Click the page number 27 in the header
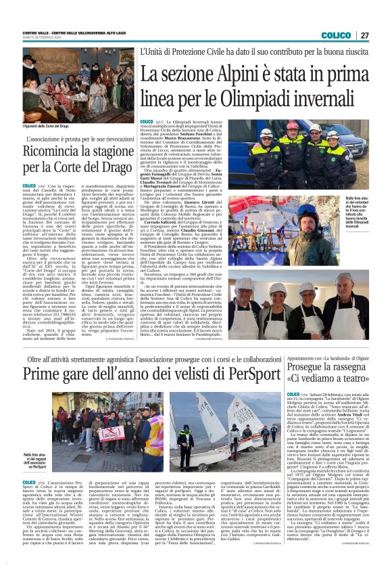point(364,35)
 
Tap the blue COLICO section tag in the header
point(335,35)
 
